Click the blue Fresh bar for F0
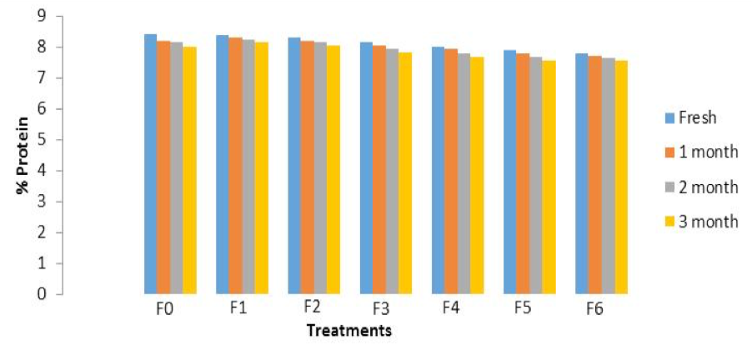coord(151,164)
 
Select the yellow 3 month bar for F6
coord(621,177)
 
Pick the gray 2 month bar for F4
coord(464,173)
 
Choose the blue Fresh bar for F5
coord(509,172)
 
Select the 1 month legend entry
coord(701,152)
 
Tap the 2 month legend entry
coord(701,187)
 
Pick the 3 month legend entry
coord(701,222)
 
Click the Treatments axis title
coord(348,331)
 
